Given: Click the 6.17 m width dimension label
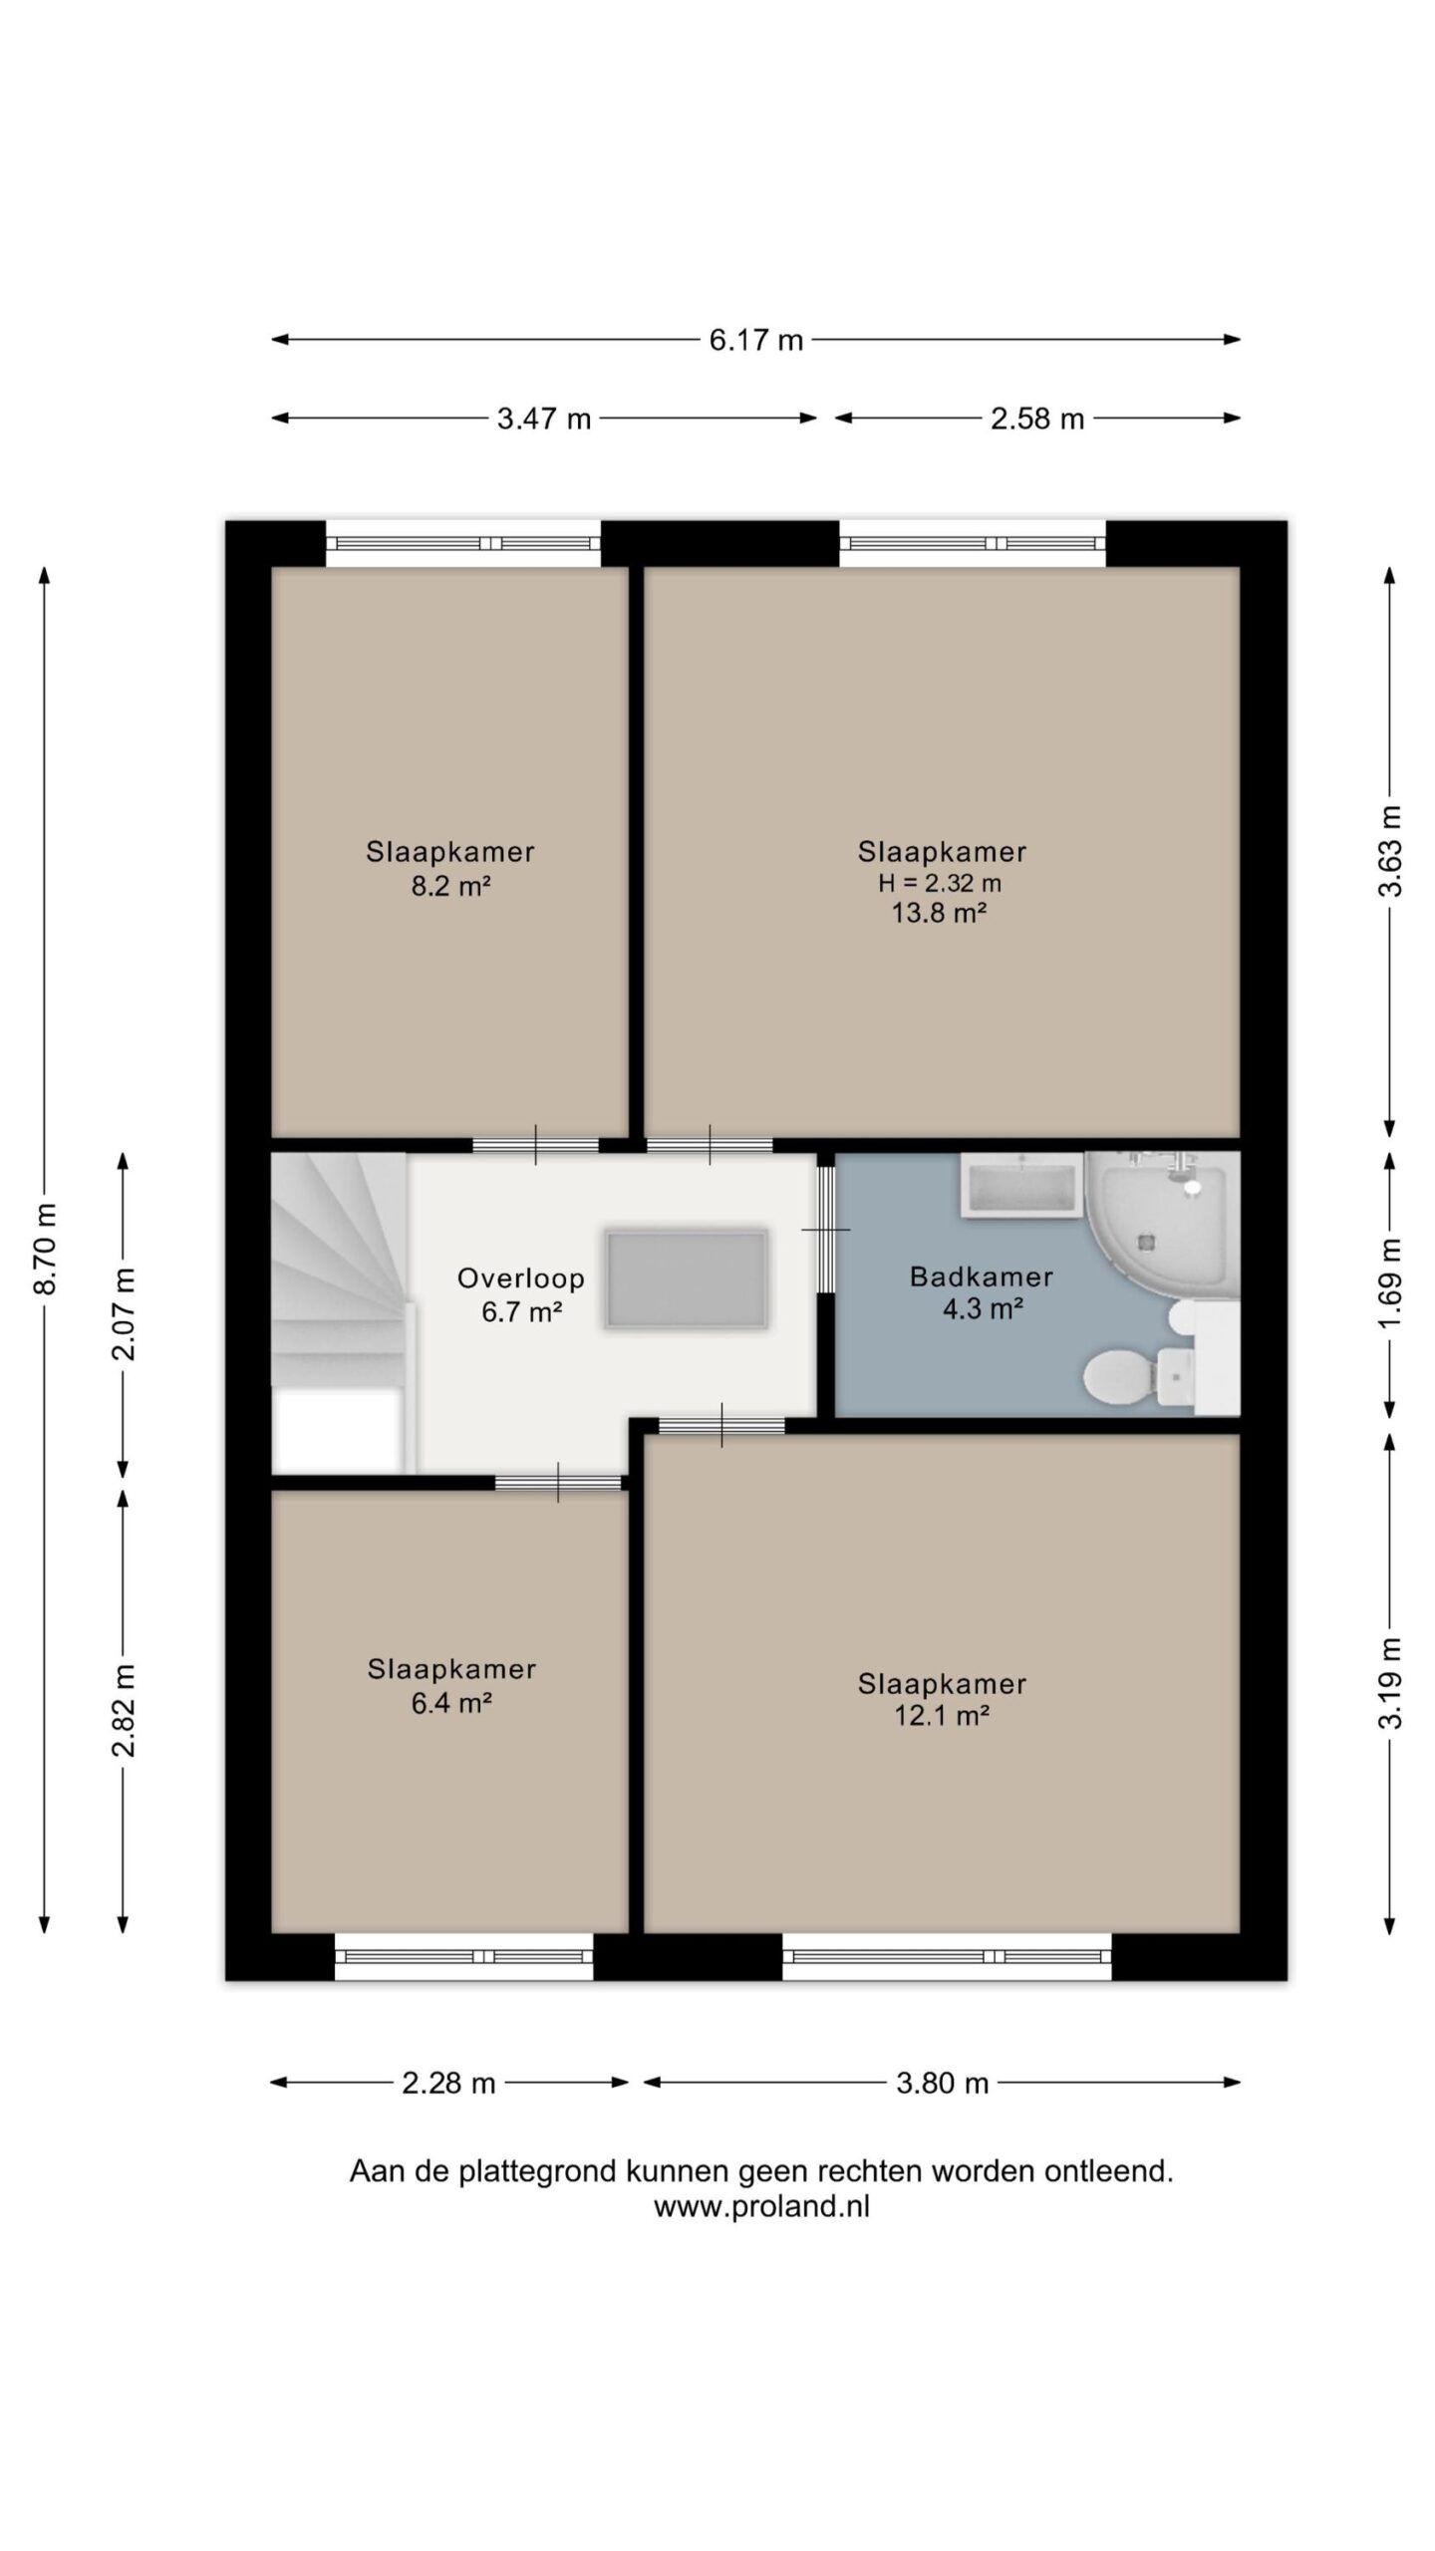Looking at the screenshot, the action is pyautogui.click(x=755, y=340).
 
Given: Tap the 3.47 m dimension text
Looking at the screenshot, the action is pyautogui.click(x=544, y=419).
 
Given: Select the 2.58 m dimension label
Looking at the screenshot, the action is pyautogui.click(x=1036, y=419).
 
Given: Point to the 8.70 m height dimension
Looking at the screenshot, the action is pyautogui.click(x=45, y=1249).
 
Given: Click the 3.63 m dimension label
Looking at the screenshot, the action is pyautogui.click(x=1390, y=851).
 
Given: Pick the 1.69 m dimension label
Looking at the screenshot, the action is pyautogui.click(x=1390, y=1282).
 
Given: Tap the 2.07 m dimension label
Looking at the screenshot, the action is pyautogui.click(x=124, y=1314).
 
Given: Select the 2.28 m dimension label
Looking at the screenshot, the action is pyautogui.click(x=448, y=2083).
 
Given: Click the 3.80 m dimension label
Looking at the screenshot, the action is pyautogui.click(x=942, y=2083).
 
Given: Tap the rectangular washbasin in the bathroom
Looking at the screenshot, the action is pyautogui.click(x=1020, y=1185).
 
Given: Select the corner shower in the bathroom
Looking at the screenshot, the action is pyautogui.click(x=1162, y=1225).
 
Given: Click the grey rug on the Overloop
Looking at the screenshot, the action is pyautogui.click(x=687, y=1278).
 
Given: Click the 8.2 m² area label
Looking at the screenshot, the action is pyautogui.click(x=451, y=886).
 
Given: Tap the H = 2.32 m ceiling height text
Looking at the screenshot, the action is pyautogui.click(x=940, y=883).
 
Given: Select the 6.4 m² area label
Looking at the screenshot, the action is pyautogui.click(x=451, y=1703).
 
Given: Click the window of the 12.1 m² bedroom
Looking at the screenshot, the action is pyautogui.click(x=947, y=1956).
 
